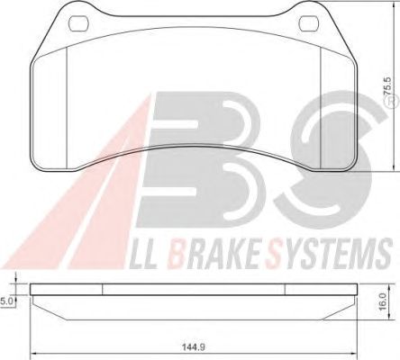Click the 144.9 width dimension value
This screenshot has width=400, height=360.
194,347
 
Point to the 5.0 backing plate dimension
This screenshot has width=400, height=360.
5,301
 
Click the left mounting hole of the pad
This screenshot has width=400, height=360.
78,23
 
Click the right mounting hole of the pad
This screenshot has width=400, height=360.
309,23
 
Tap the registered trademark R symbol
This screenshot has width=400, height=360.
391,102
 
